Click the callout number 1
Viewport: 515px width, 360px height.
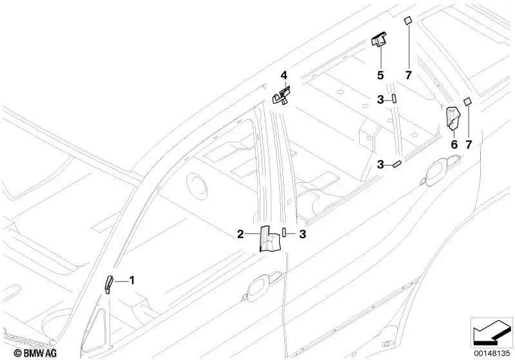(x=131, y=281)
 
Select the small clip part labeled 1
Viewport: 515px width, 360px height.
(x=109, y=284)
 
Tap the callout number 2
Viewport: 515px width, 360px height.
(x=241, y=234)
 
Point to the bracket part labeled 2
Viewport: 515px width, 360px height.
(x=270, y=238)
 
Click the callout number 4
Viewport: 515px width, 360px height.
(x=284, y=75)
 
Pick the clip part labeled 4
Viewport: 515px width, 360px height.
(x=282, y=95)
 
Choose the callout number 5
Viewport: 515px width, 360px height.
(x=380, y=75)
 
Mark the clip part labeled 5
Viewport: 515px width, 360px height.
(x=379, y=39)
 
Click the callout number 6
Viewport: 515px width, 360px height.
(x=454, y=144)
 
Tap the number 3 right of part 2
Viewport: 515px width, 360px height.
(x=302, y=234)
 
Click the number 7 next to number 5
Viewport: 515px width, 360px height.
(x=408, y=75)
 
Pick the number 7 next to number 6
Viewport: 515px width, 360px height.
(x=469, y=144)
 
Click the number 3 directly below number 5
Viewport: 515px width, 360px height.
(x=380, y=99)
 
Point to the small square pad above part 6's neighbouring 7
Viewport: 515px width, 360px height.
(x=467, y=101)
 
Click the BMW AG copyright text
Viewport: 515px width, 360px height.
(x=35, y=353)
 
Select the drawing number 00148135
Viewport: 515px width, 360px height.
(x=492, y=354)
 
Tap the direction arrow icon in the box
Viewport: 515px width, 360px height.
(x=491, y=332)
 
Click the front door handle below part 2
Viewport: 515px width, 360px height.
(x=262, y=285)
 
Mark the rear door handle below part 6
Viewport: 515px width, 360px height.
(x=441, y=171)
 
